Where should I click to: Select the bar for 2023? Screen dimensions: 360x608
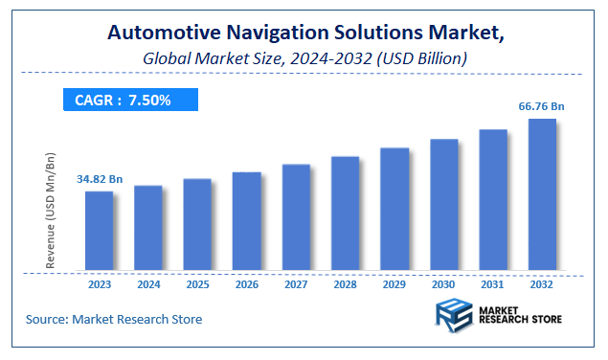[x=99, y=231]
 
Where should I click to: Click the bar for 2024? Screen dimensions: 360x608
[x=148, y=228]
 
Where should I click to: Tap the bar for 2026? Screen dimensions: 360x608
[x=247, y=221]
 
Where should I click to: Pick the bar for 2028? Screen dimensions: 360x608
[x=345, y=213]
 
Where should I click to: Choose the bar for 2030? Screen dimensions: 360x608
[x=443, y=205]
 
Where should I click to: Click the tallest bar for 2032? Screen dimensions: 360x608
[x=542, y=194]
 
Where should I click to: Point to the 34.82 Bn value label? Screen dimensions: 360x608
[x=101, y=179]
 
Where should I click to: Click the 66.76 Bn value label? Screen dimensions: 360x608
[x=542, y=106]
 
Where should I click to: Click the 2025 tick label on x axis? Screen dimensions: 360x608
[x=197, y=283]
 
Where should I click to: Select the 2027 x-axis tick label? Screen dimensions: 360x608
[x=296, y=283]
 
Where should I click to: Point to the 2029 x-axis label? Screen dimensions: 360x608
[x=394, y=283]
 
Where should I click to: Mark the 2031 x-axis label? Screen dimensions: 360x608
[x=493, y=283]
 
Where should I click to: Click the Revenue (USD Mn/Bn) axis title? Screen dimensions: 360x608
[x=52, y=209]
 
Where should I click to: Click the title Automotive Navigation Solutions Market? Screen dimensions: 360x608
[x=305, y=34]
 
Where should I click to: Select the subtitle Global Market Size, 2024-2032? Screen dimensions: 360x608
[x=304, y=58]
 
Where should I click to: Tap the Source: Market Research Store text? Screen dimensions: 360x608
[x=114, y=319]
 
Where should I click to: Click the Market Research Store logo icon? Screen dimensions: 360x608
[x=453, y=316]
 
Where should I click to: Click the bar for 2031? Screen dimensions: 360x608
[x=493, y=199]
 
